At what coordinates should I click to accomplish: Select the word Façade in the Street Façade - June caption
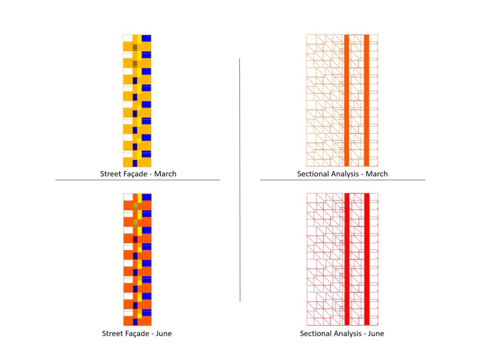tap(141, 333)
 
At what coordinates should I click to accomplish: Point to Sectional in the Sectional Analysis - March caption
tap(314, 174)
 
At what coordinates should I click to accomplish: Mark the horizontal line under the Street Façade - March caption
tap(137, 180)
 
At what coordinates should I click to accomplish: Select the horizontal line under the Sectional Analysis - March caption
tap(342, 180)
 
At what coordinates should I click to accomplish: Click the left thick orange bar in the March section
tap(346, 100)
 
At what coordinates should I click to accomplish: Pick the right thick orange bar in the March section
tap(367, 100)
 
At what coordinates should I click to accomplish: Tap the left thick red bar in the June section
tap(346, 259)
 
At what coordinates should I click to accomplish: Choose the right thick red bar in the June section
tap(367, 259)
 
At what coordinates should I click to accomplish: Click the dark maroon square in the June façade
tap(134, 239)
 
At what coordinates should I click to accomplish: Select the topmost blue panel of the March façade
tap(146, 39)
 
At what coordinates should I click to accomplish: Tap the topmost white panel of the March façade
tap(127, 38)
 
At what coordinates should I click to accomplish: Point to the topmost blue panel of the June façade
tap(146, 197)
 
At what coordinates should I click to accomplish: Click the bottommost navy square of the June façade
tap(134, 322)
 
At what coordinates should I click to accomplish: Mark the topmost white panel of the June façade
tap(127, 197)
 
